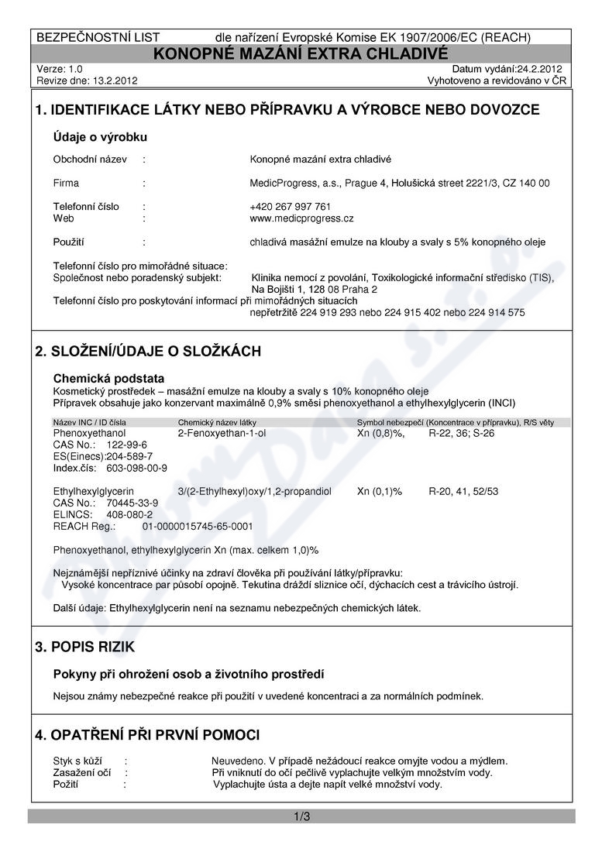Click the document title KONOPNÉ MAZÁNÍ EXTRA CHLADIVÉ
[x=301, y=53]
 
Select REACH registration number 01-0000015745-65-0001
[x=198, y=526]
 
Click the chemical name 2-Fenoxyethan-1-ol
[x=222, y=433]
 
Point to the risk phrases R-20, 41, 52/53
[x=463, y=491]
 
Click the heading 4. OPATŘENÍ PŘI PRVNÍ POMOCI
[x=147, y=734]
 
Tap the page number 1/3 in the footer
[x=301, y=816]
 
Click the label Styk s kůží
[x=77, y=761]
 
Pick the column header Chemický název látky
[x=217, y=422]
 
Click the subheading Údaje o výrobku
[x=100, y=137]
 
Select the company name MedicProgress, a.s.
[x=289, y=184]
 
